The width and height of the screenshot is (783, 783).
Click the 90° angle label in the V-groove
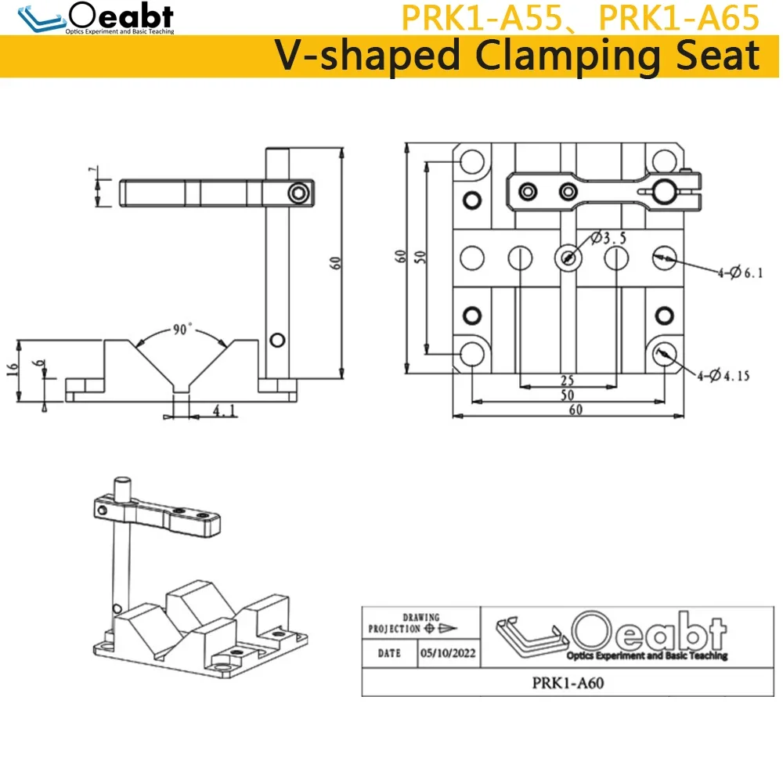182,330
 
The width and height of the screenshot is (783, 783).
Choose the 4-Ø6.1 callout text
739,273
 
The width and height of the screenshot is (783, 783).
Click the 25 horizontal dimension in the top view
567,381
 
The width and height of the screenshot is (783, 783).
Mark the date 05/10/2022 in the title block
448,652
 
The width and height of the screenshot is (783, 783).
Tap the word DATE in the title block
389,652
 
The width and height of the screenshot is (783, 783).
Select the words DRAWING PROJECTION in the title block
403,623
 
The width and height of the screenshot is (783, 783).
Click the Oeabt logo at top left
99,17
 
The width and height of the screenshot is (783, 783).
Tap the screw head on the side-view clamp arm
298,193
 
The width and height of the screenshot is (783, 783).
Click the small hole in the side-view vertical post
276,339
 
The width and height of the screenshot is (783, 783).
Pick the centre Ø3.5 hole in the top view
568,257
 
